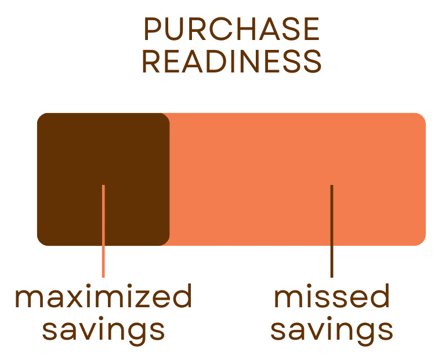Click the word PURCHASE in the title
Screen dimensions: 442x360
point(231,29)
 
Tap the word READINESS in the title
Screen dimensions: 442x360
point(231,61)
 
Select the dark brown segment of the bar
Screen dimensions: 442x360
point(103,151)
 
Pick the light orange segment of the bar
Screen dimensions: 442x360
point(296,151)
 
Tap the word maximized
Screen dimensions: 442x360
point(103,297)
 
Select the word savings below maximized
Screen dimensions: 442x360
point(103,330)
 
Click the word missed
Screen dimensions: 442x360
point(331,297)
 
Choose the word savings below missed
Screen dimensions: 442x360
point(331,330)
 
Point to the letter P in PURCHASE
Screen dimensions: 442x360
point(152,29)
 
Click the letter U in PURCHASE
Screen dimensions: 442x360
point(175,29)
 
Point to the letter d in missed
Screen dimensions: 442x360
point(380,297)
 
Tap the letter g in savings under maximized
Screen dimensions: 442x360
point(136,332)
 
